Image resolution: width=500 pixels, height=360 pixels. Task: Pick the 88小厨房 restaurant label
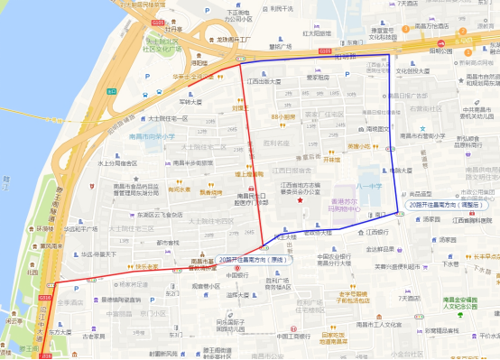[x=283, y=116]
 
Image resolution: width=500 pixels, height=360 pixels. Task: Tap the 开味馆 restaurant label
[x=331, y=159]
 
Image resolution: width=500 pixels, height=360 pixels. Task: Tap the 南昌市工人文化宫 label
[x=374, y=322]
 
